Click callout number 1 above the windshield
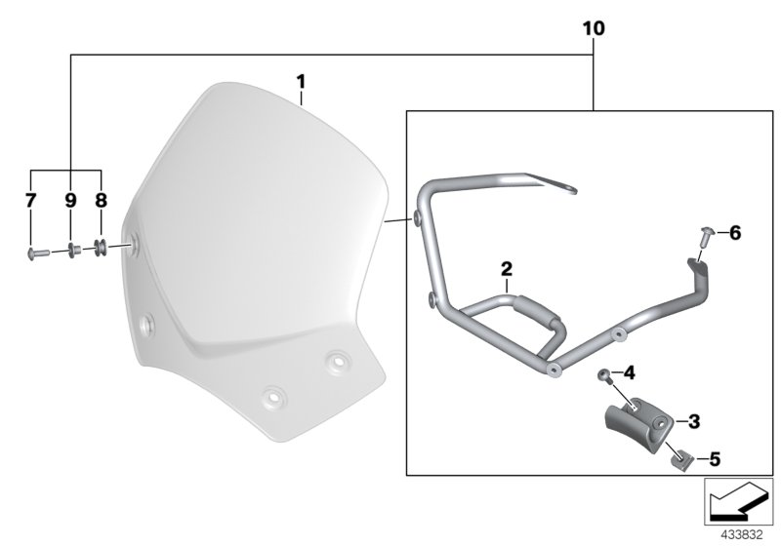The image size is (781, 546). click(302, 78)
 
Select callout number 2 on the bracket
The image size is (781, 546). click(507, 268)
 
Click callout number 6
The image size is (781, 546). click(735, 232)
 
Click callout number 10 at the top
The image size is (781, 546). click(595, 30)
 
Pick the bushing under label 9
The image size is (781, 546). click(73, 251)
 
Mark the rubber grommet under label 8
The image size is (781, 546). click(102, 250)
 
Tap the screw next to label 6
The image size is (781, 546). click(707, 234)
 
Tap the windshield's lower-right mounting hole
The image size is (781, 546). click(338, 361)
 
